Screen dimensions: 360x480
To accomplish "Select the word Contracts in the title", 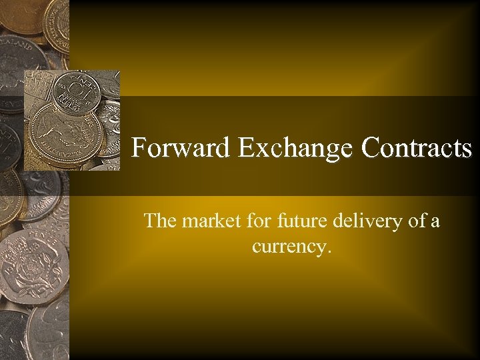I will coord(417,147).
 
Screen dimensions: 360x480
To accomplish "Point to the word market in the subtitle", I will coord(207,221).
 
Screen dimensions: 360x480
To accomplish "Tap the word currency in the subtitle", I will coord(288,247).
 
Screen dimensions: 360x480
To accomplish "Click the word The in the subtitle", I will coord(159,221).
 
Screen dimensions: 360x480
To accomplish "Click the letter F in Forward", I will coord(139,147).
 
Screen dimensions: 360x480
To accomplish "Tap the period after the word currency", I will coord(327,252).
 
